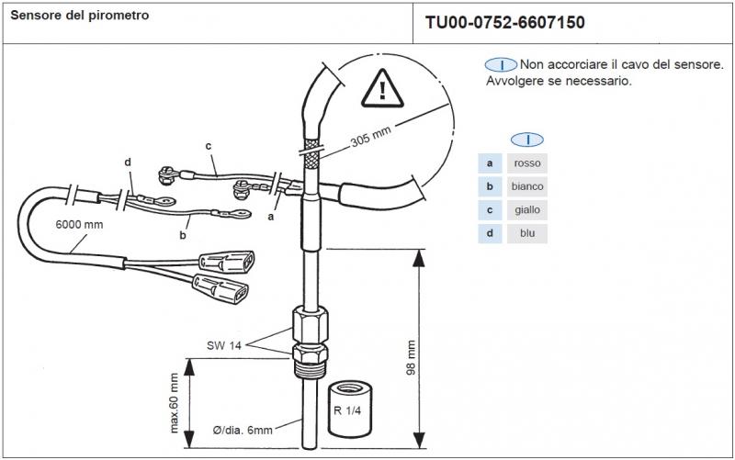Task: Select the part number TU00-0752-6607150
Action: tap(504, 22)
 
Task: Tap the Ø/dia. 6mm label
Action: tap(243, 428)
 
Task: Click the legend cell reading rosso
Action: tap(527, 163)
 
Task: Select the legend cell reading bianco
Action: tap(527, 186)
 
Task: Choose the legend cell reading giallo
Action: tap(527, 209)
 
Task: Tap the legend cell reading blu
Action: tap(527, 232)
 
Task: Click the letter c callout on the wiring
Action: tap(209, 145)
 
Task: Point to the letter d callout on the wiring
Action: tap(129, 163)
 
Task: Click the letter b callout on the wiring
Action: tap(184, 236)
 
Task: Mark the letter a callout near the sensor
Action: tap(270, 218)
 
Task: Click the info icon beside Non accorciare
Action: tap(501, 65)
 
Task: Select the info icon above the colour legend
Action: tap(527, 139)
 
